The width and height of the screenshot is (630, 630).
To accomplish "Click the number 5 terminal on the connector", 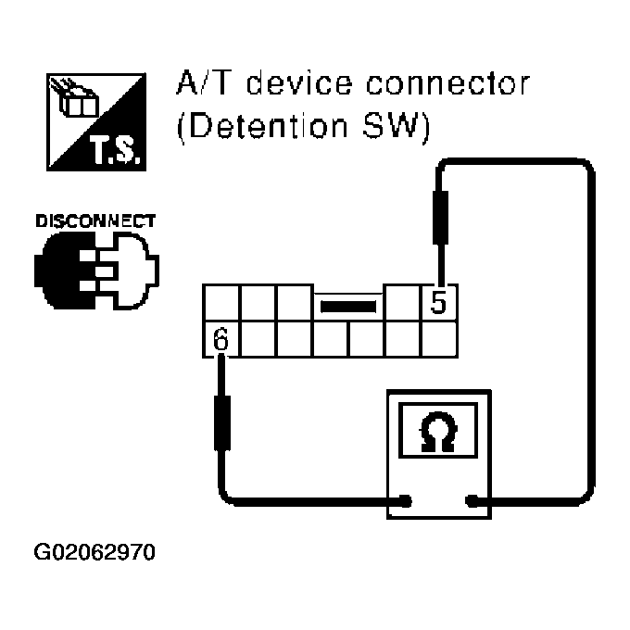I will (440, 303).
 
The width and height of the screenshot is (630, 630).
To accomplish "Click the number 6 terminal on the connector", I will (220, 339).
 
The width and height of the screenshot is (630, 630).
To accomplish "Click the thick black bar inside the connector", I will (348, 304).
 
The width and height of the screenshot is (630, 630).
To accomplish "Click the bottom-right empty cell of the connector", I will (440, 339).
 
